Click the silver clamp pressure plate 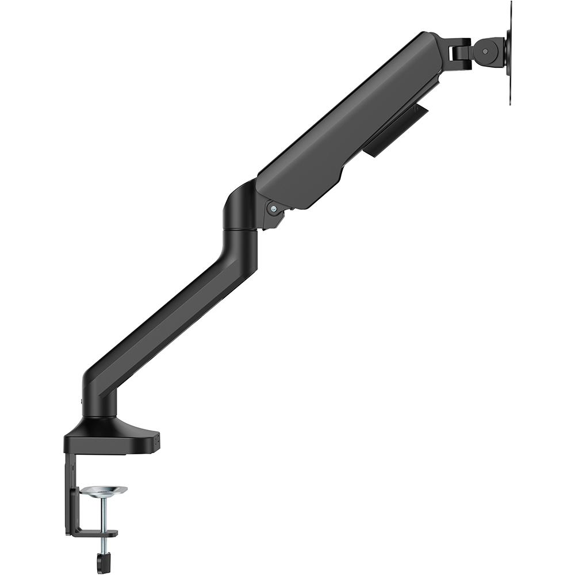pyautogui.click(x=104, y=490)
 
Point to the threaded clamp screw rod pyautogui.click(x=104, y=515)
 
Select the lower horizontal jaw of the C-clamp pyautogui.click(x=92, y=533)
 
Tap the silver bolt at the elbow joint pyautogui.click(x=274, y=208)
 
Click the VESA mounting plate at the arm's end pyautogui.click(x=509, y=52)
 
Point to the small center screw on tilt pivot pyautogui.click(x=486, y=51)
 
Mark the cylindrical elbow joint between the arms pyautogui.click(x=240, y=213)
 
